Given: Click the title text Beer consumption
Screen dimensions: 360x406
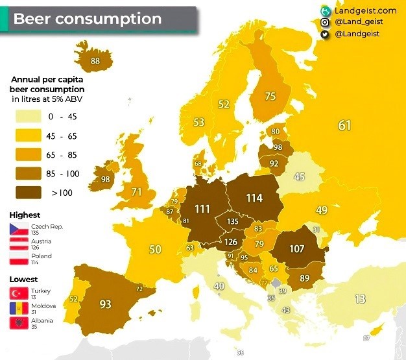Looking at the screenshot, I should click(88, 19).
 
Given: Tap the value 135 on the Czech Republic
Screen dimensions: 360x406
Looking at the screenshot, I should click(232, 221).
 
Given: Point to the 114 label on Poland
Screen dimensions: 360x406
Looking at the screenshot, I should click(254, 197).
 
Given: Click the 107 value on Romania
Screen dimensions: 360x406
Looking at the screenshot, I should click(297, 248).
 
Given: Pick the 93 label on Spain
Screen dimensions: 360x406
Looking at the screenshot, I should click(105, 304).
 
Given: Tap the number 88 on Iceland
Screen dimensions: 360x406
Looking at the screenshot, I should click(96, 61).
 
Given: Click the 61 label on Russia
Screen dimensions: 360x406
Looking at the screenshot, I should click(344, 125).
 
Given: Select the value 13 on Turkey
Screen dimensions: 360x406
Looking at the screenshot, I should click(361, 299).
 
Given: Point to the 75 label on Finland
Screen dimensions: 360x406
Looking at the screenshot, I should click(270, 96).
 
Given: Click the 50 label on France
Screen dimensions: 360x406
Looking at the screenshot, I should click(155, 249).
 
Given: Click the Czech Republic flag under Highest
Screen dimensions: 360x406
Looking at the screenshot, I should click(17, 228).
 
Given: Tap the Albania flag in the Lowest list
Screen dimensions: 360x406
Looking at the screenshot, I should click(17, 322).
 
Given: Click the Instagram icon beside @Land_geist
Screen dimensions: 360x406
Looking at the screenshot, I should click(324, 22).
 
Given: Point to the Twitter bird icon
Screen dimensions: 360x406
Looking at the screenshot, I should click(324, 34).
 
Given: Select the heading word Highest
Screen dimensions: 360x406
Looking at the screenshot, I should click(25, 215).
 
